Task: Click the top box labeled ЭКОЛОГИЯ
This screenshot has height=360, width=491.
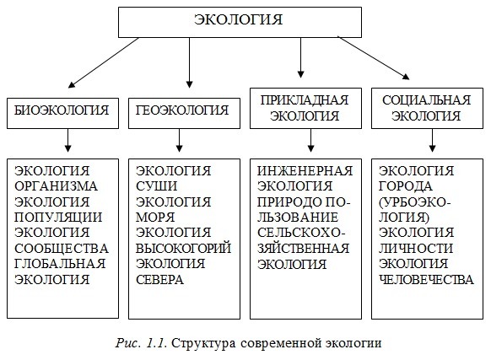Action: click(x=240, y=23)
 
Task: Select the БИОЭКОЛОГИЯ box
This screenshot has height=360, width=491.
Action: click(x=62, y=113)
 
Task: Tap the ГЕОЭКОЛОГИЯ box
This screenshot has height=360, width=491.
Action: click(x=184, y=113)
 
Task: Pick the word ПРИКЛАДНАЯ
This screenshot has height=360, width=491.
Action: click(x=305, y=100)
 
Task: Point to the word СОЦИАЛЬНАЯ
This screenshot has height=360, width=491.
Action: click(x=427, y=100)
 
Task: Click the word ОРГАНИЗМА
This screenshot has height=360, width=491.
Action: click(x=56, y=186)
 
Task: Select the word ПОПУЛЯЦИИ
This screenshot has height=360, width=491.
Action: click(x=58, y=218)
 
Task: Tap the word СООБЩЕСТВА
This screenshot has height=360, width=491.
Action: click(x=62, y=249)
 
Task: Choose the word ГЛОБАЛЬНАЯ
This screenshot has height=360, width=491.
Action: click(x=60, y=264)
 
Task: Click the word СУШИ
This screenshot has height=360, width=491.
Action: click(x=157, y=186)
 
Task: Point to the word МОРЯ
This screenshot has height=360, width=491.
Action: click(x=155, y=218)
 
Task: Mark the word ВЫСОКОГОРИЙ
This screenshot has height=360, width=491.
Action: click(x=184, y=248)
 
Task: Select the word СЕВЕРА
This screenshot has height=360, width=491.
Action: click(x=159, y=280)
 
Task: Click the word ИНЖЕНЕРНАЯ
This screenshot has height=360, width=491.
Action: click(x=305, y=171)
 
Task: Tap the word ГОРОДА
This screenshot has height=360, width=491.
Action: click(x=406, y=186)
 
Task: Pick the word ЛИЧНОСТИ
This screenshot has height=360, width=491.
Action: click(x=416, y=249)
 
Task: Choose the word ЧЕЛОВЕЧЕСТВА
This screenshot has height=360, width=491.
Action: click(x=426, y=280)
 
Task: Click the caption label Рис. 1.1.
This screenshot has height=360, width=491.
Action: click(x=141, y=343)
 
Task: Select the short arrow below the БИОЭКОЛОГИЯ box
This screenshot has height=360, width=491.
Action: click(x=67, y=141)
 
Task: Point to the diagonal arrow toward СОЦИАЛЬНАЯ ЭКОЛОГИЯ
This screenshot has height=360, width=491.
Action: click(x=374, y=58)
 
